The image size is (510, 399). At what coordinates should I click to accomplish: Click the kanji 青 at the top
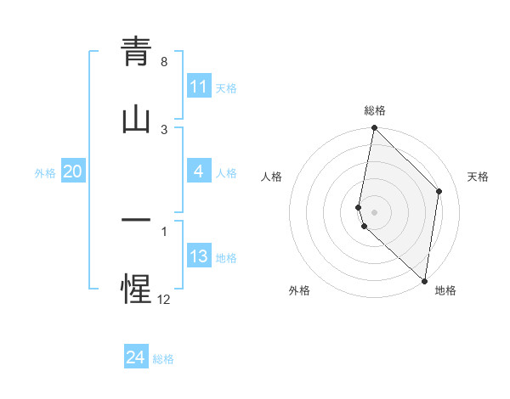[x=136, y=52]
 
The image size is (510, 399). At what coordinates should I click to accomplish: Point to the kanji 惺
[x=136, y=288]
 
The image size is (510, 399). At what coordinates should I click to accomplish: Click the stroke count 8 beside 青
[x=164, y=62]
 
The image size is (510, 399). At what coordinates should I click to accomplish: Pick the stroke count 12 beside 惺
[x=164, y=299]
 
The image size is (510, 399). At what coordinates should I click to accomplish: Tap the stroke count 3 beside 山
[x=164, y=129]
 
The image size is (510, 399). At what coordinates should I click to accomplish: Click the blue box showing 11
[x=199, y=87]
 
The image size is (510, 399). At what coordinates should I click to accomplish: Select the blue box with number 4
[x=199, y=172]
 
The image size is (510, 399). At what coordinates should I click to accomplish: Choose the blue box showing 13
[x=199, y=256]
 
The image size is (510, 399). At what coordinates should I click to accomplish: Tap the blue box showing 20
[x=73, y=171]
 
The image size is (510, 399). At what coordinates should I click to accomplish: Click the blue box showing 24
[x=136, y=357]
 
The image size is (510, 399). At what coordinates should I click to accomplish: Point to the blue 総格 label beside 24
[x=164, y=359]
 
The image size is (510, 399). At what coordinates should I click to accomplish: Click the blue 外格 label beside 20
[x=45, y=172]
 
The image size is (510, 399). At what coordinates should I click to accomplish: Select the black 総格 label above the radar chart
[x=375, y=110]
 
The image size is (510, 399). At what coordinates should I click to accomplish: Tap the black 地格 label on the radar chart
[x=445, y=290]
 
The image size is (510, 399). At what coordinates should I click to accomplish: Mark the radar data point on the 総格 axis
[x=374, y=128]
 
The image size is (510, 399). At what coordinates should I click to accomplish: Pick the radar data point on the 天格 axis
[x=439, y=191]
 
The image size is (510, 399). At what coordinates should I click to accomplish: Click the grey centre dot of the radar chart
[x=374, y=211]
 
